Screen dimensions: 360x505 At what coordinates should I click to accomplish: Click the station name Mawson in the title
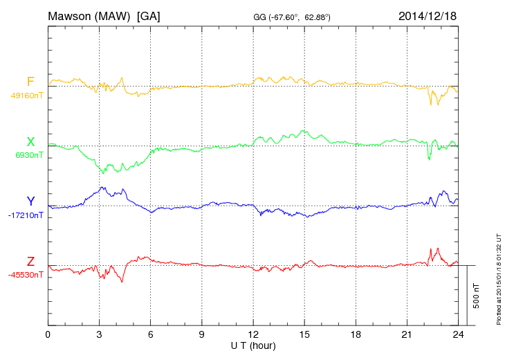coord(71,15)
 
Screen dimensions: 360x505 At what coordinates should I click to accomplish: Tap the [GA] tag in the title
coord(148,15)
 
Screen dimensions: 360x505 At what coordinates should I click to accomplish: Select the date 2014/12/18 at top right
coord(427,15)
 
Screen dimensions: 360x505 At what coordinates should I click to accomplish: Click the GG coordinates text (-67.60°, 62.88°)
coord(291,17)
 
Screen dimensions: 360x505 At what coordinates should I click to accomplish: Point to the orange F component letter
coord(30,82)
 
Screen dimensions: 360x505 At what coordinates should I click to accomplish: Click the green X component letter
coord(30,142)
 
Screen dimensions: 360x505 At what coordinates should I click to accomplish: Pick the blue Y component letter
coord(30,201)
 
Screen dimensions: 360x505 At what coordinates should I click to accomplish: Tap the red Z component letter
coord(30,262)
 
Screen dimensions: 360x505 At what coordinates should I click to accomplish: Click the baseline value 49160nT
coord(26,96)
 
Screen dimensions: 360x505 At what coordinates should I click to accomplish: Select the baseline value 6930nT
coord(28,155)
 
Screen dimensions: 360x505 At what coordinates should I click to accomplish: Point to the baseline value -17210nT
coord(26,215)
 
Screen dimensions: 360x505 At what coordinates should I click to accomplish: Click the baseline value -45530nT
coord(26,275)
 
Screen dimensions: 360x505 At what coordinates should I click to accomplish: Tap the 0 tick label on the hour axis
coord(48,334)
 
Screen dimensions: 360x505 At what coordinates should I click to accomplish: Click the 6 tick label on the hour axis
coord(151,334)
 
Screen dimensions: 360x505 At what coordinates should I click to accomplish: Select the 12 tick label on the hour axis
coord(253,334)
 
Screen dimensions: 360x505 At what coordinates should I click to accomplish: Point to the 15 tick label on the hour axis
coord(304,334)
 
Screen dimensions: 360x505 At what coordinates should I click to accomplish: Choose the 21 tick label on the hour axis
coord(407,334)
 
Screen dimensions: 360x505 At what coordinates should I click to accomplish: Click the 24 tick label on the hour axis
coord(458,334)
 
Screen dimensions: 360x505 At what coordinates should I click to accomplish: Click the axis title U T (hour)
coord(253,345)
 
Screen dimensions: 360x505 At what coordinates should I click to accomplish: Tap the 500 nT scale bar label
coord(477,296)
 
